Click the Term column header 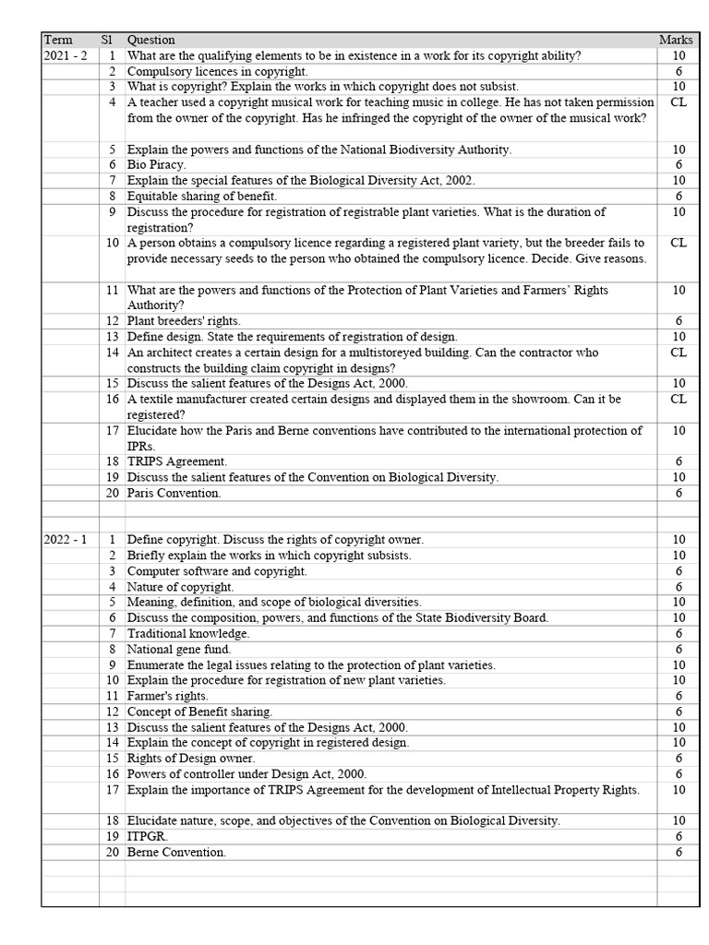pos(58,40)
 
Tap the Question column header pos(150,40)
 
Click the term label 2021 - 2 pos(65,55)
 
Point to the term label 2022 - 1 pos(65,540)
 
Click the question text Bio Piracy pos(156,164)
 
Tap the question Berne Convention pos(176,853)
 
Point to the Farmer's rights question pos(168,696)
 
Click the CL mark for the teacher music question pos(678,102)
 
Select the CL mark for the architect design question pos(678,353)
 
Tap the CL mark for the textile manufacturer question pos(678,399)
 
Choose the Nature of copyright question pos(181,587)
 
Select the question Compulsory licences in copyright pos(218,71)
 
